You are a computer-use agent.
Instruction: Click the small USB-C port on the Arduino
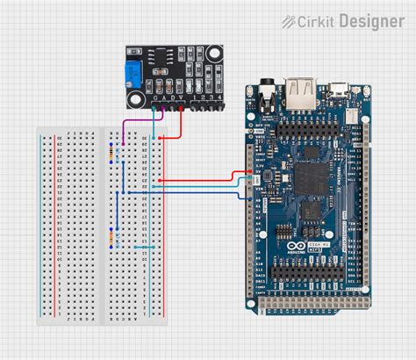coord(337,89)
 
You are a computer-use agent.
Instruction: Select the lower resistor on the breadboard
coord(111,237)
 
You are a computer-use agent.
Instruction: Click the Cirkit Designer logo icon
coord(289,19)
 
